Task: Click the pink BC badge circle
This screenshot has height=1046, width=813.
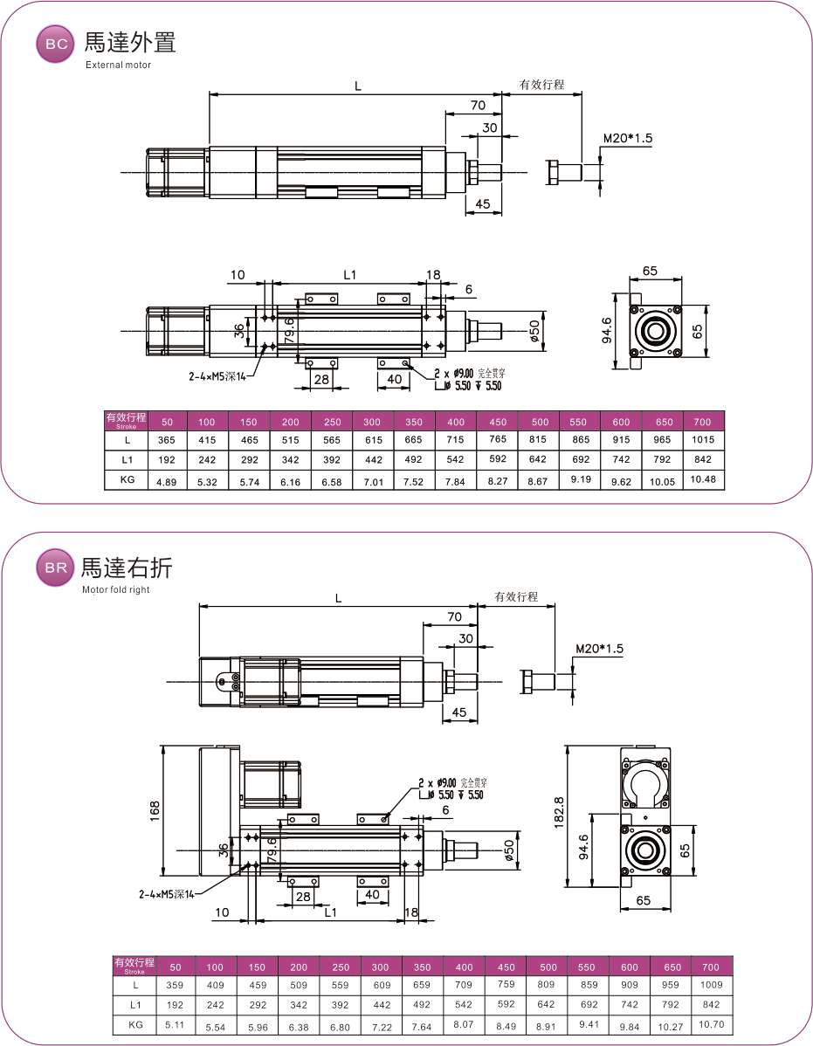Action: pyautogui.click(x=55, y=45)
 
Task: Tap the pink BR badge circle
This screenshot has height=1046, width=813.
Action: pyautogui.click(x=55, y=569)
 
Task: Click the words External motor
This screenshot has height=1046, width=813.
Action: pyautogui.click(x=118, y=65)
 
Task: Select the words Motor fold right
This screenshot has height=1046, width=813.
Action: pyautogui.click(x=116, y=589)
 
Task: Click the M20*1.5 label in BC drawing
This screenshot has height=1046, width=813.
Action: pyautogui.click(x=628, y=138)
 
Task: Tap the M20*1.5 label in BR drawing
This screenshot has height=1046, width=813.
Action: pyautogui.click(x=602, y=649)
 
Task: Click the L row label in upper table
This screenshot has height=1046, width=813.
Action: pyautogui.click(x=127, y=439)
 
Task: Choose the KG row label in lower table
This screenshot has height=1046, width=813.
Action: pyautogui.click(x=134, y=1023)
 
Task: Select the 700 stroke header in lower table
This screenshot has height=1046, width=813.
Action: pyautogui.click(x=711, y=967)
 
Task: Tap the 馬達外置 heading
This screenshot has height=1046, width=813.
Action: pyautogui.click(x=130, y=43)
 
